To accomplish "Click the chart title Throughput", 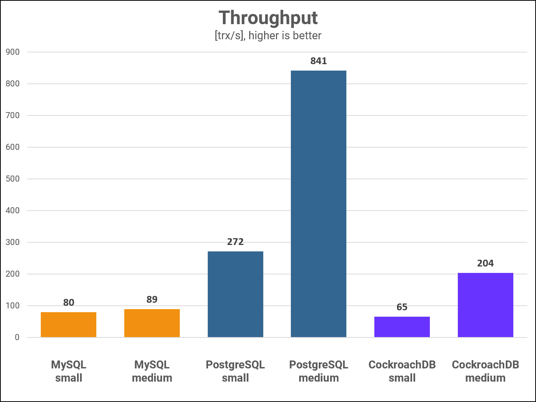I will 268,18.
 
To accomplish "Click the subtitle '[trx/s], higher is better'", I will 268,36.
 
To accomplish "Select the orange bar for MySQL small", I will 68,325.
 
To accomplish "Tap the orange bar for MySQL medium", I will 152,323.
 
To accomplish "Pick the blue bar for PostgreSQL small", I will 235,294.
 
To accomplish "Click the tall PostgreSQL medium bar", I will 318,204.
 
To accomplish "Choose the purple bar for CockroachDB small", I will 402,327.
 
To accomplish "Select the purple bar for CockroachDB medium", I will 485,305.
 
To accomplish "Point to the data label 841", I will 318,61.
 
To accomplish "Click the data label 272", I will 235,242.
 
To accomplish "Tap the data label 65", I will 402,307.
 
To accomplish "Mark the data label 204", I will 485,263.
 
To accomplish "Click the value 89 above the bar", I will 152,300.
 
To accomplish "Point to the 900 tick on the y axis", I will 12,52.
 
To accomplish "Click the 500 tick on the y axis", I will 12,179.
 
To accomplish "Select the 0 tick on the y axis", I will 17,337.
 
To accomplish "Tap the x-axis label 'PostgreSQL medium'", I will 318,371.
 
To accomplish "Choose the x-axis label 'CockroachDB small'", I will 402,371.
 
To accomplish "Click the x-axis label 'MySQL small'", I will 68,371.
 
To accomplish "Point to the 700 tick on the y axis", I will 12,116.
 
